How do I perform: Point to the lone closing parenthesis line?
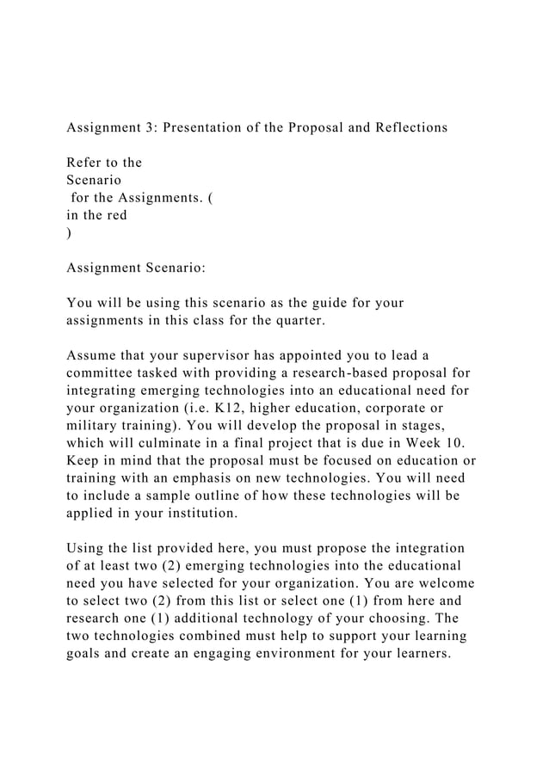point(70,233)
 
